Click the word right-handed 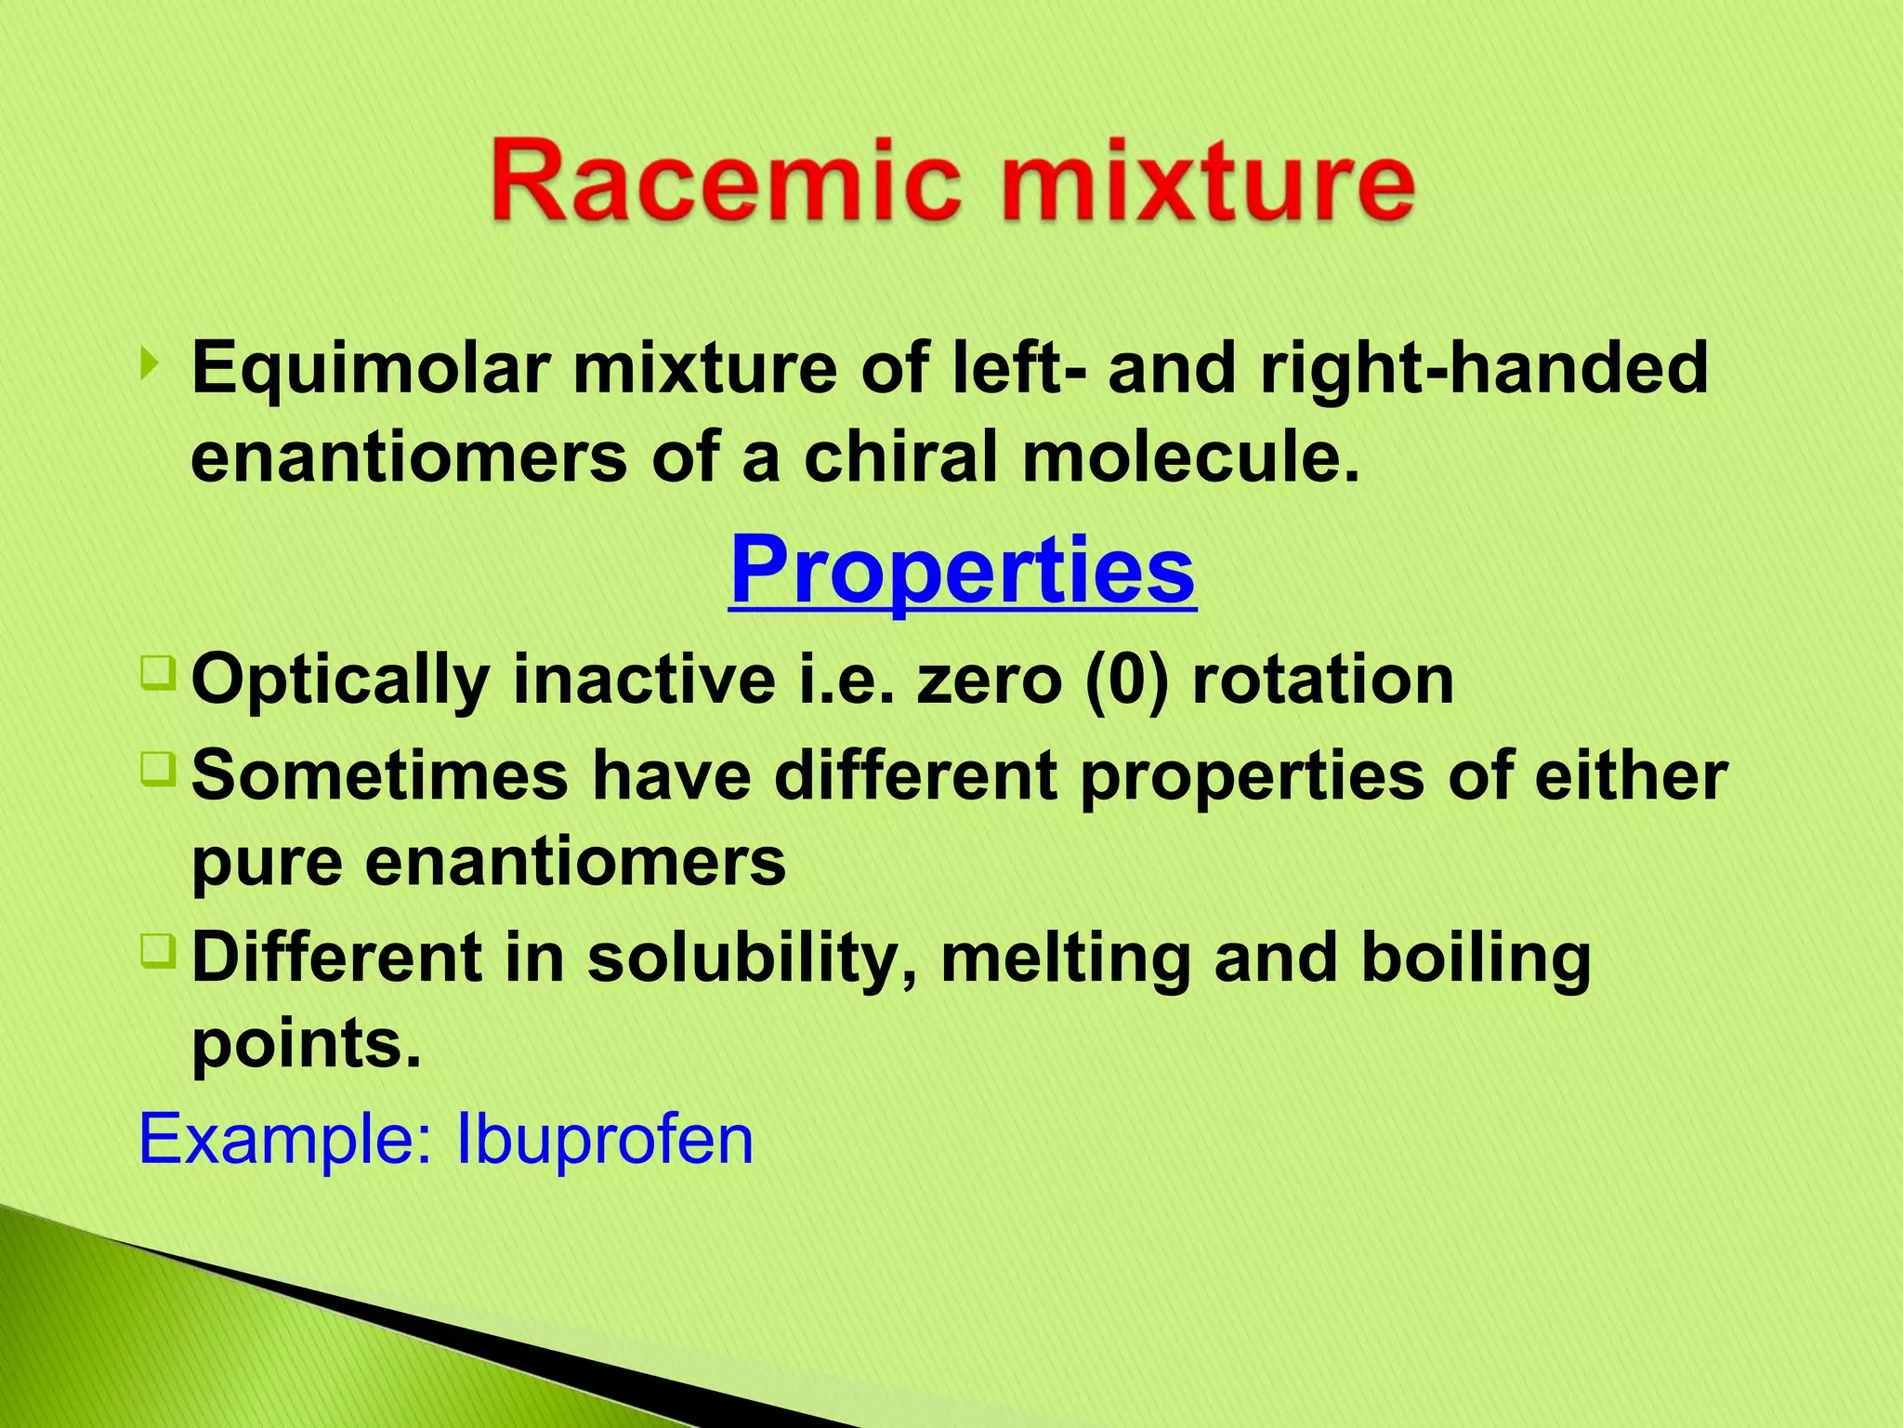[1484, 367]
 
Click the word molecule [1191, 457]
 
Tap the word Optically [340, 681]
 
